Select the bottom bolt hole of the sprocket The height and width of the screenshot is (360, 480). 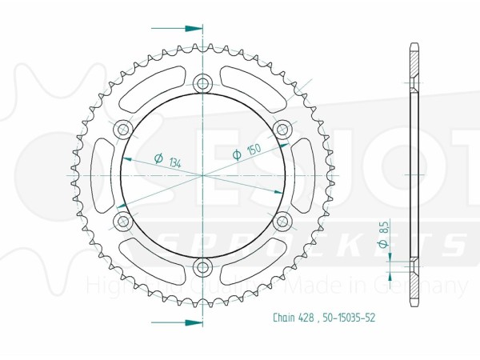point(202,266)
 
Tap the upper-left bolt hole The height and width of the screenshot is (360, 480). point(122,128)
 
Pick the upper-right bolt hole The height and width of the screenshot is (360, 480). point(282,128)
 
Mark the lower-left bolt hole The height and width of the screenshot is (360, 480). point(122,220)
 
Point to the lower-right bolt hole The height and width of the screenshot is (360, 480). point(282,220)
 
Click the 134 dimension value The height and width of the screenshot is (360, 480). point(174,162)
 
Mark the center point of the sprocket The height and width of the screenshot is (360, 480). point(202,174)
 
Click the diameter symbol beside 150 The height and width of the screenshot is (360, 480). point(237,154)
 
